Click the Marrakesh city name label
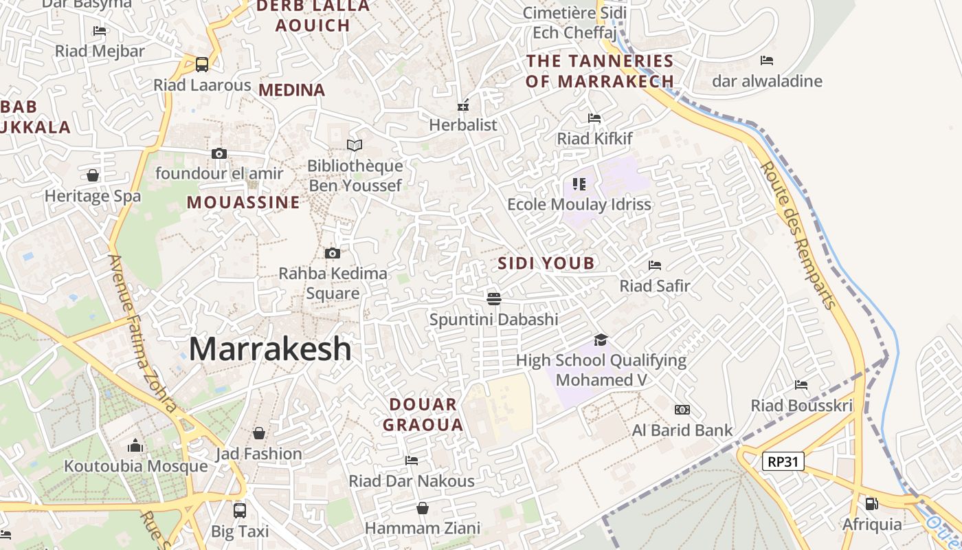(270, 349)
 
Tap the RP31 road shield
(783, 461)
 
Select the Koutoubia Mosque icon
(135, 446)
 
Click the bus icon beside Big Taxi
(239, 511)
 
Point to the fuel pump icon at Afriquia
(871, 504)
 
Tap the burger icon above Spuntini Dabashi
(493, 299)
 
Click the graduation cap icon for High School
(601, 340)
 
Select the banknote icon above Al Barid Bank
(682, 410)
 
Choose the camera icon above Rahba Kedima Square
(333, 253)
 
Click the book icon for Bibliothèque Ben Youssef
(355, 146)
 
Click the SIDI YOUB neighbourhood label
(546, 263)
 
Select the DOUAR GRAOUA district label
(423, 415)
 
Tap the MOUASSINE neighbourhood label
(243, 202)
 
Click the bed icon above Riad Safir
(655, 265)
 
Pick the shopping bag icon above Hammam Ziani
(423, 508)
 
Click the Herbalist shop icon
(463, 105)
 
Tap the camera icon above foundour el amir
(219, 153)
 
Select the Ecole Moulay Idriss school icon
(579, 184)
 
